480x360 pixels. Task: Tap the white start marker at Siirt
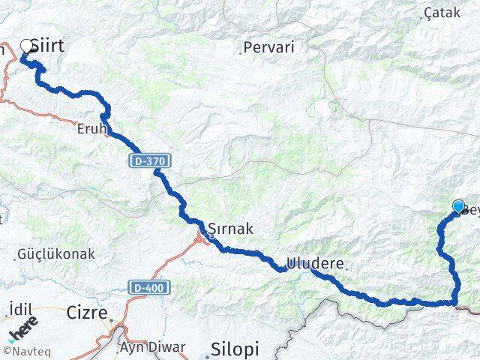click(x=27, y=46)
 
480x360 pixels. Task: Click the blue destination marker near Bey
click(x=458, y=205)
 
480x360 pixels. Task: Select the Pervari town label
click(x=270, y=47)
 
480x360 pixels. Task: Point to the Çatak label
click(x=442, y=13)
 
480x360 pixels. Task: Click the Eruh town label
click(x=91, y=129)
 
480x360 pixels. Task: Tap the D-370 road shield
click(x=150, y=160)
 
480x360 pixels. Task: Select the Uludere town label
click(x=317, y=264)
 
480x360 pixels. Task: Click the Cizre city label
click(x=86, y=312)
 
